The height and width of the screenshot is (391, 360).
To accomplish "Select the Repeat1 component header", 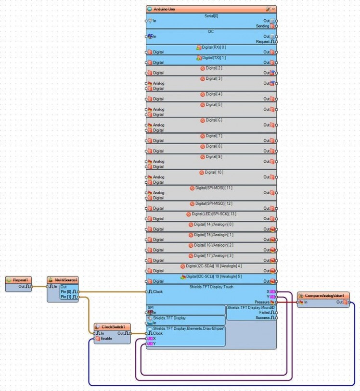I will [x=20, y=279].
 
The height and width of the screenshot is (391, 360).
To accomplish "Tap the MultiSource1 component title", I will [x=65, y=279].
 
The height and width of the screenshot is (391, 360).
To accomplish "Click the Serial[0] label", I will [x=211, y=16].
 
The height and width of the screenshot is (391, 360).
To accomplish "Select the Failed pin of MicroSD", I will [x=264, y=312].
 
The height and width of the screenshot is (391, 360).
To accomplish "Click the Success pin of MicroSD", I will [x=263, y=317].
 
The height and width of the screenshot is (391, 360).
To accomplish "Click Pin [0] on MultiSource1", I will [x=67, y=292].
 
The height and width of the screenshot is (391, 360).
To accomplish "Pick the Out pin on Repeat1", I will [x=22, y=287].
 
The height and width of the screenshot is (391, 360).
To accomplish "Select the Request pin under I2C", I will [x=264, y=42].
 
